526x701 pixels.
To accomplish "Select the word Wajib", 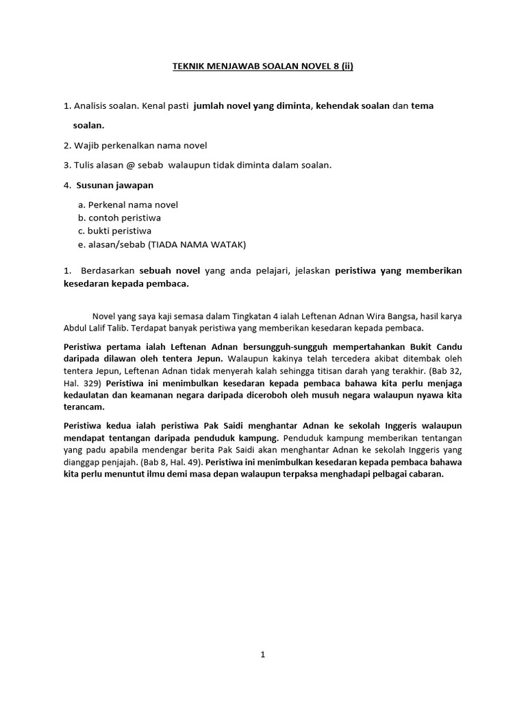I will pyautogui.click(x=87, y=145).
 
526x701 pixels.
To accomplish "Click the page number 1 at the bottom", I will pyautogui.click(x=262, y=654).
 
